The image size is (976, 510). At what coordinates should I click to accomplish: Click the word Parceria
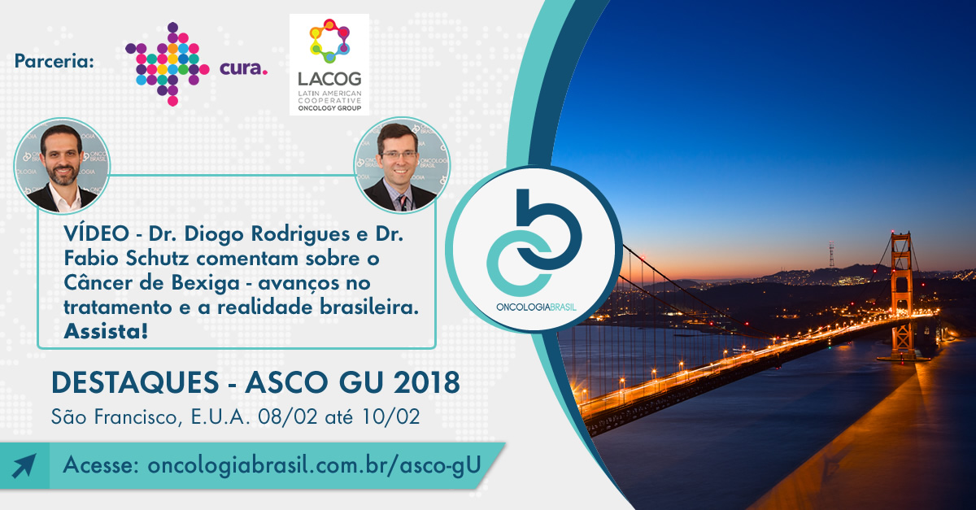54,60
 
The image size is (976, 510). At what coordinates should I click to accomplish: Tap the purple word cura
243,68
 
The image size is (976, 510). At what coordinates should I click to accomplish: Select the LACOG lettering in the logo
329,79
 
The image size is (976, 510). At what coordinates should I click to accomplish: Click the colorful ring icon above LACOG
329,41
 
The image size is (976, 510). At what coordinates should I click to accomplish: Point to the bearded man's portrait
62,166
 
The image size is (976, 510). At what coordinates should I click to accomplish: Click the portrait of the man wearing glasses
402,165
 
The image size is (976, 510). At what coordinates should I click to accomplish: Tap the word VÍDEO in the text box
96,233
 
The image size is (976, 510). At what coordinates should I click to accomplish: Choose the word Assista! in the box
106,331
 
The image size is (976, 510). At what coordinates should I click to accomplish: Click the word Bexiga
205,283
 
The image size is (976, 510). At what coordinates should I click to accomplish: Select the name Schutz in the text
157,259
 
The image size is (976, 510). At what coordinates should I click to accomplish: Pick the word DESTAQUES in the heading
135,382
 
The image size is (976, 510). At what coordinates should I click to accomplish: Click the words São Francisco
114,417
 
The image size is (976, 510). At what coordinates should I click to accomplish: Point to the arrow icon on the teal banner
24,465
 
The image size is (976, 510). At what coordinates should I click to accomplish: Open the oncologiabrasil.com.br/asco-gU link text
314,464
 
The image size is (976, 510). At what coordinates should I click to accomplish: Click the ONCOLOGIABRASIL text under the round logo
536,307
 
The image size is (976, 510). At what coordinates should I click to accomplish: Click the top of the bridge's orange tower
900,235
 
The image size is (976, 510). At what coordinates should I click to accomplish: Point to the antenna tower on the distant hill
832,255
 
